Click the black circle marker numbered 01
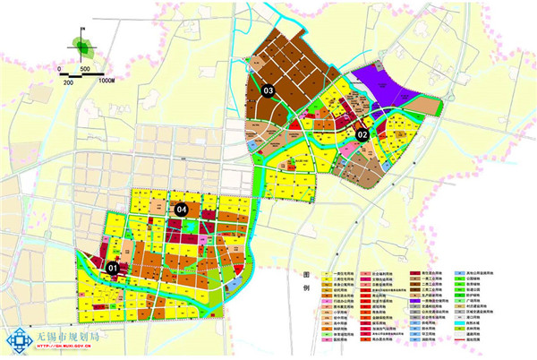click(x=112, y=267)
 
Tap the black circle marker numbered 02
click(x=362, y=134)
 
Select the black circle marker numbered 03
click(x=267, y=90)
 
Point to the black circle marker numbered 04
click(x=181, y=209)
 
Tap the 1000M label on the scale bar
click(x=105, y=80)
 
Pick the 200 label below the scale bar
click(x=67, y=80)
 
